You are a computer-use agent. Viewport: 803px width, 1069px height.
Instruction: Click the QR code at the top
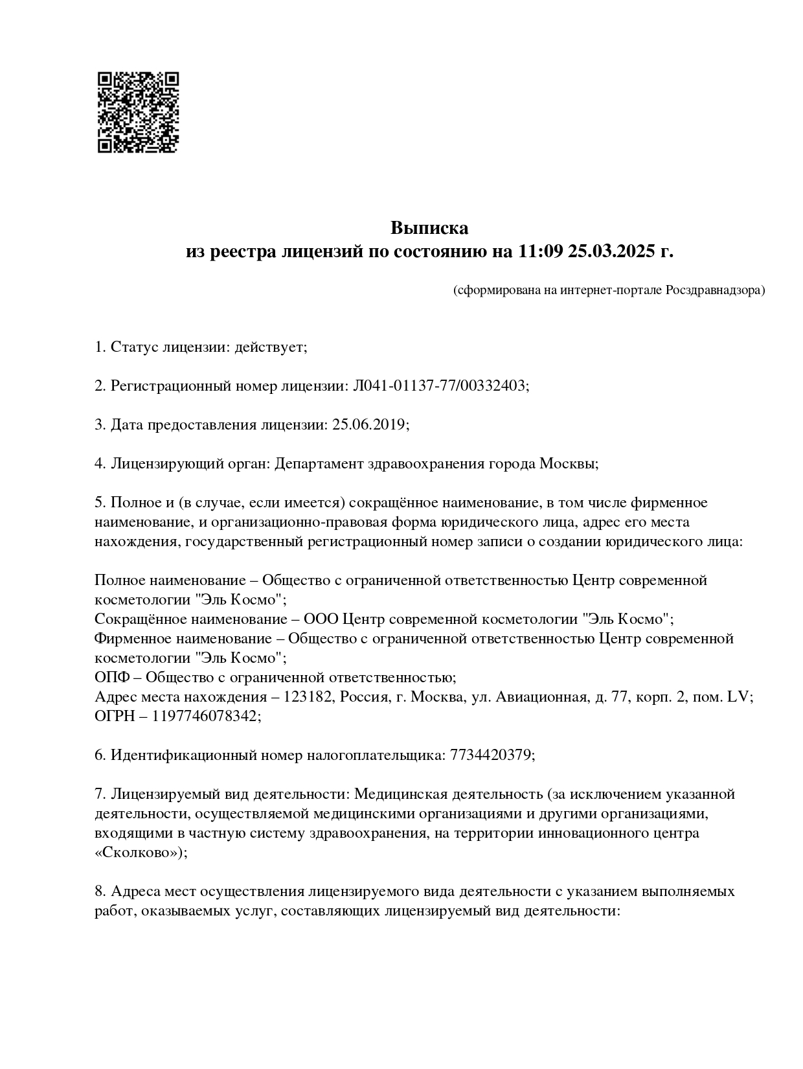[x=138, y=112]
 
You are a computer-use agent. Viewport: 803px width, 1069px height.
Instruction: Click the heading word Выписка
[x=429, y=228]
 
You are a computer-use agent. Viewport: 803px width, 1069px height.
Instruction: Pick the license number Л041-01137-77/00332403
[x=438, y=386]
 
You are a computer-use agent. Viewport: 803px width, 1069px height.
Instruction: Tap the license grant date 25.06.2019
[x=368, y=425]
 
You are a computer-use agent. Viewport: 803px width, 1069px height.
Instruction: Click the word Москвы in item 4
[x=567, y=464]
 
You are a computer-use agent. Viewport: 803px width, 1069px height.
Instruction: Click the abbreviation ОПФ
[x=111, y=678]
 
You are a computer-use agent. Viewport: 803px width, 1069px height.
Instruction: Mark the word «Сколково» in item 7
[x=137, y=853]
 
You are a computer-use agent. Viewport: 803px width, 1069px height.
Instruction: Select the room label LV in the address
[x=738, y=697]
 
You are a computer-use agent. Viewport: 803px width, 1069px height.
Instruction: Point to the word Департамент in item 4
[x=319, y=464]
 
